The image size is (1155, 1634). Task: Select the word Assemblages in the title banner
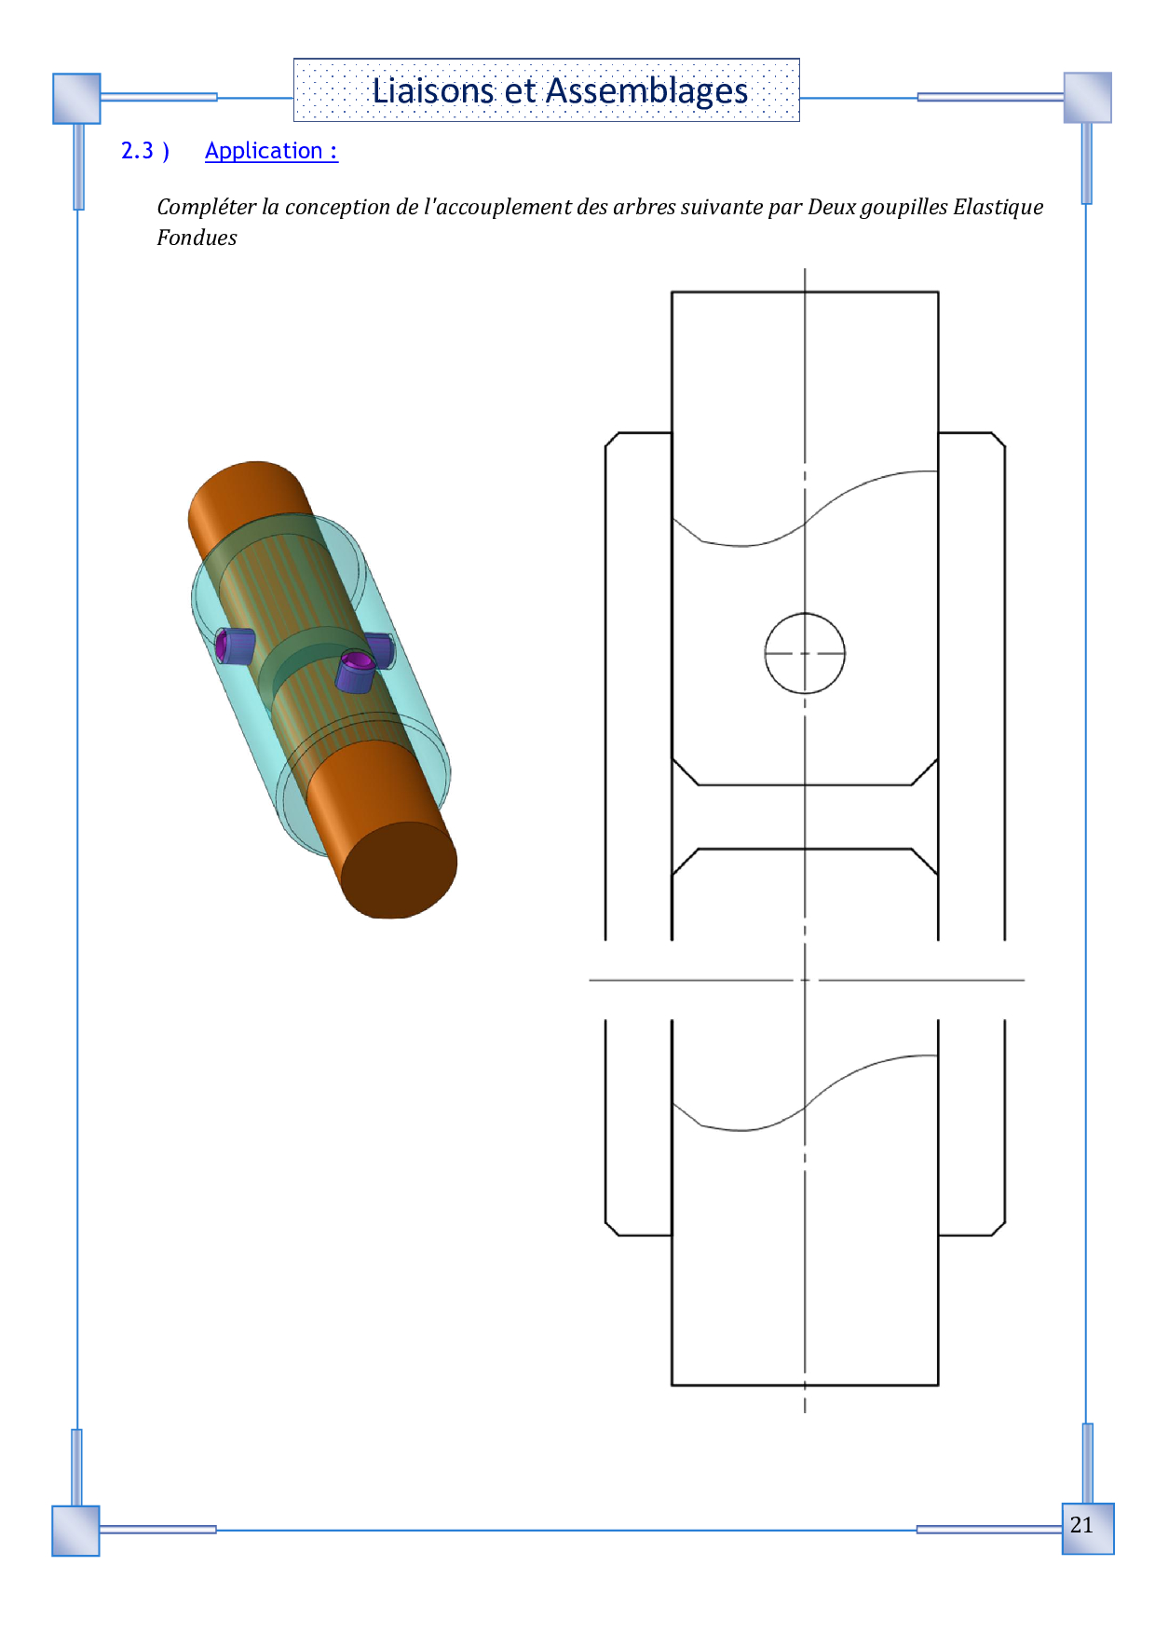646,91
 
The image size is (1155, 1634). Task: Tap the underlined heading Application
271,151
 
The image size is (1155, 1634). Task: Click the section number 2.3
137,150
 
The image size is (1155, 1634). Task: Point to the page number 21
1081,1525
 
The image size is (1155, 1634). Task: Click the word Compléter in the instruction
206,207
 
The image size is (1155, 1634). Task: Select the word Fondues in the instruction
197,238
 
